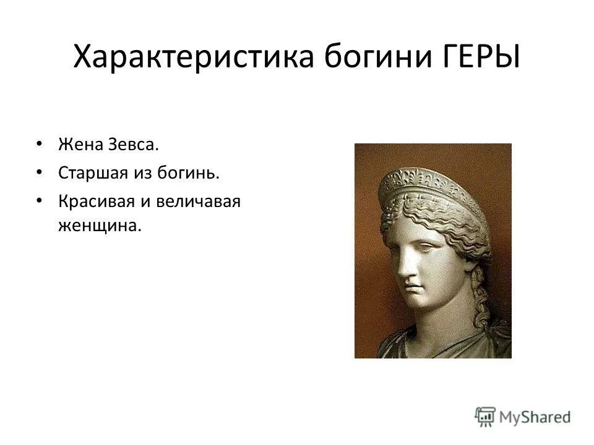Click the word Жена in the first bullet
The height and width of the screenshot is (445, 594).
point(78,145)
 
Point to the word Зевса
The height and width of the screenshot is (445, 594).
point(131,145)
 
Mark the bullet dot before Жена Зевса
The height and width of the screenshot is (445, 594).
point(40,145)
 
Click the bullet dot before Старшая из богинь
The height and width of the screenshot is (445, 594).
point(40,173)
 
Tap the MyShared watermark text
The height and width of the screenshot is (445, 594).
point(535,417)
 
